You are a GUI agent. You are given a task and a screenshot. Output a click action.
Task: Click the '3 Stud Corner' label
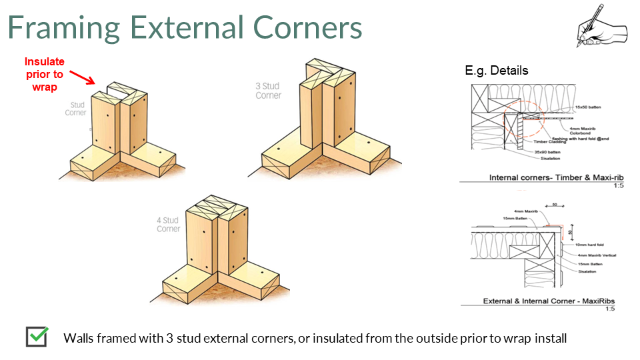tap(269, 91)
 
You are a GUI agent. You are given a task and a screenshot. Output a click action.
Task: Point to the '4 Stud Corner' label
tap(169, 225)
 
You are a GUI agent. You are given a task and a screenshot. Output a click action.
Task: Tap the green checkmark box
tap(37, 337)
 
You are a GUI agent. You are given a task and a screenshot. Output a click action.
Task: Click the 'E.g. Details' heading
tap(496, 70)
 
